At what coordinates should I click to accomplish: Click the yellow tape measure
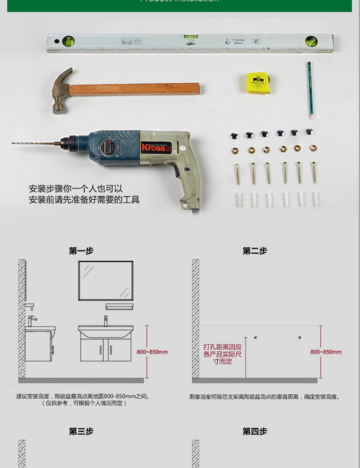point(258,83)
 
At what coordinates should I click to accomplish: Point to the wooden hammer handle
point(134,89)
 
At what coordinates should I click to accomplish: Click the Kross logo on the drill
point(153,148)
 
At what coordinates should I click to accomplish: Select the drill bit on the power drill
point(35,143)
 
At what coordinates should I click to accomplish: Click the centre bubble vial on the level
point(190,37)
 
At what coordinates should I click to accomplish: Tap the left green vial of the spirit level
point(68,41)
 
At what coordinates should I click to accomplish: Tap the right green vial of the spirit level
point(311,41)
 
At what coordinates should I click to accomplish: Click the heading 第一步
point(81,251)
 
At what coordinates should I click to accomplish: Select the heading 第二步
point(255,251)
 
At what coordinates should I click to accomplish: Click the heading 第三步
point(81,431)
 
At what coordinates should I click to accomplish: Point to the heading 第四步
point(255,431)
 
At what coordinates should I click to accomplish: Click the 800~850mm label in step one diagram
point(152,352)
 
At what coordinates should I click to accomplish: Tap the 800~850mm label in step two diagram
point(326,352)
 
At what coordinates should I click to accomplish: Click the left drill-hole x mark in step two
point(255,337)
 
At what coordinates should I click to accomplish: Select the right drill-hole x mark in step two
point(299,337)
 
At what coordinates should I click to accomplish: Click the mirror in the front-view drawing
point(106,281)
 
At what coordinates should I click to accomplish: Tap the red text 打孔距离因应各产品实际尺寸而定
point(223,354)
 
